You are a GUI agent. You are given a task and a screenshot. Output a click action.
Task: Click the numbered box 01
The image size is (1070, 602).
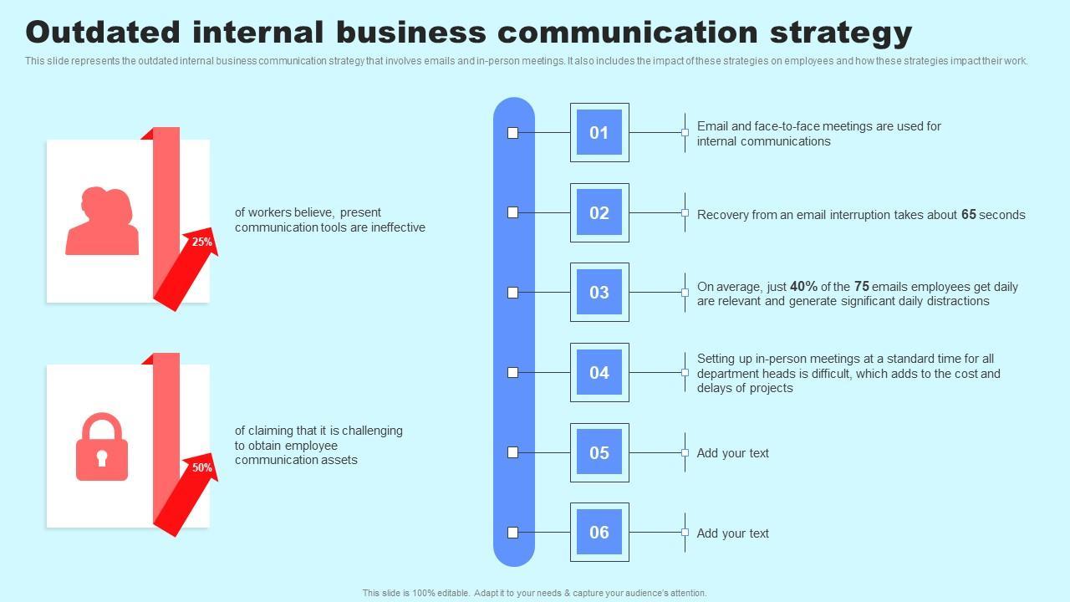(599, 132)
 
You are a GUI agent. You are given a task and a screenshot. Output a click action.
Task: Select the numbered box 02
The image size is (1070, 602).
(599, 212)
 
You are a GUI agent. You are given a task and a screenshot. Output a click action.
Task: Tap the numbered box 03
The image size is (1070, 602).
(599, 293)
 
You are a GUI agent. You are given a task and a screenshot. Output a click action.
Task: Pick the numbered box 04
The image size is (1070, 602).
(599, 372)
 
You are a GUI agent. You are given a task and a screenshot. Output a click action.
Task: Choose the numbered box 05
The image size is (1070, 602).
(599, 452)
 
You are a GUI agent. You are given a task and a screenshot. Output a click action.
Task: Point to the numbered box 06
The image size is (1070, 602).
(599, 533)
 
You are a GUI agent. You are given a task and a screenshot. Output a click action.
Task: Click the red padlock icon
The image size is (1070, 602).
(102, 447)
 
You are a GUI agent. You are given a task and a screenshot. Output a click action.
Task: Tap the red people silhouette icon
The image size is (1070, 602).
(103, 222)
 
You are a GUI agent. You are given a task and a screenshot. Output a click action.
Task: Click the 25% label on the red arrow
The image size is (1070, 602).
(202, 242)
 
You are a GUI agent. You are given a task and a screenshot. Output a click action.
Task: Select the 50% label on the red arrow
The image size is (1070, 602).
(202, 467)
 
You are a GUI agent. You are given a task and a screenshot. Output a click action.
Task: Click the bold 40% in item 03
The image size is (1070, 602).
(803, 287)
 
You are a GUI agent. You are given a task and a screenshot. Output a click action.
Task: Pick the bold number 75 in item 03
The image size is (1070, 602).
(862, 287)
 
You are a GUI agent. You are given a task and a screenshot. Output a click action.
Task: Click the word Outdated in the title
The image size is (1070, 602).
(103, 32)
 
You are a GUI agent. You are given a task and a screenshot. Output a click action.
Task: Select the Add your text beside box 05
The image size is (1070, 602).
(733, 453)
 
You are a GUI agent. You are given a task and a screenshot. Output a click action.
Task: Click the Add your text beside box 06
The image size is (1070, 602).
(733, 533)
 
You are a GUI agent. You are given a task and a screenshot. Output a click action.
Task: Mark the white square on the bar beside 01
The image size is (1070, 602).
(513, 133)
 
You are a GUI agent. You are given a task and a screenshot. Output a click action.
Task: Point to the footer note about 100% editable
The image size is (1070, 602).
(534, 593)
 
